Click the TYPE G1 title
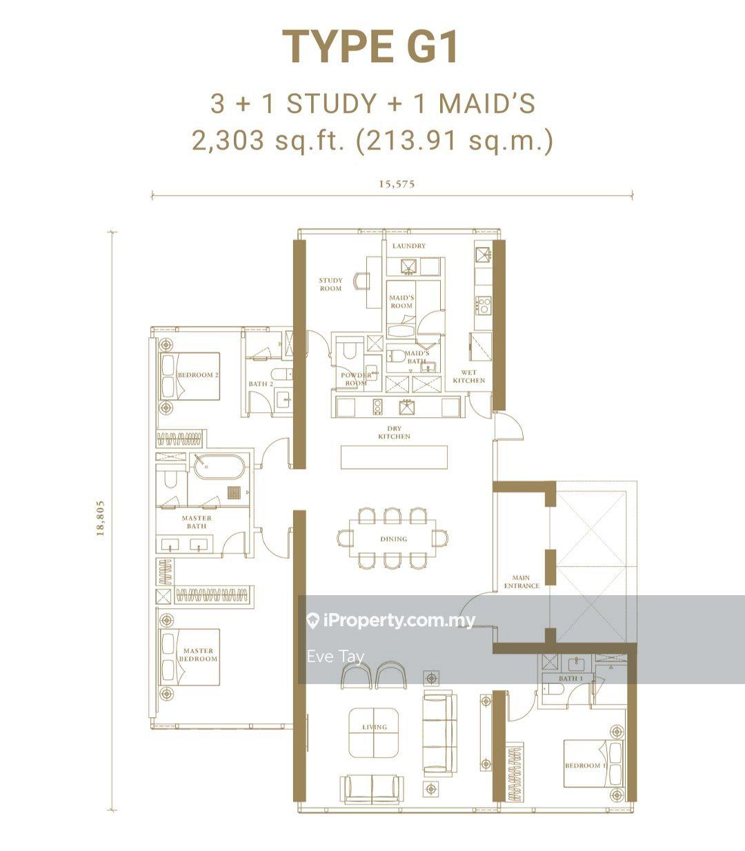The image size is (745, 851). (x=371, y=47)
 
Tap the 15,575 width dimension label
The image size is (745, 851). (x=397, y=183)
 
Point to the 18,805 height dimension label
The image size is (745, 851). (x=101, y=518)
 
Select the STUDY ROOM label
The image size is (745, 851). (x=330, y=284)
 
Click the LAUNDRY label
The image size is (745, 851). (x=408, y=246)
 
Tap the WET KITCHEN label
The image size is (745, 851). (x=468, y=377)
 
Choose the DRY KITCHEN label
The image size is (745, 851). (x=394, y=432)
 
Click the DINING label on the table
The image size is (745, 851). (x=393, y=539)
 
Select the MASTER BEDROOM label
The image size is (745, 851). (x=199, y=654)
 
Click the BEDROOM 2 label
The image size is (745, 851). (x=197, y=375)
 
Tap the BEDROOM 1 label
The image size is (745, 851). (x=584, y=765)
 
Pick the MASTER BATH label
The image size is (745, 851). (x=197, y=521)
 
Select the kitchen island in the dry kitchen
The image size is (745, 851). (x=394, y=457)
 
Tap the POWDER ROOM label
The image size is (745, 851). (x=355, y=379)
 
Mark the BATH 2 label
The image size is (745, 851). (x=261, y=384)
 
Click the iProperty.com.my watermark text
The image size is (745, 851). (x=400, y=621)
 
